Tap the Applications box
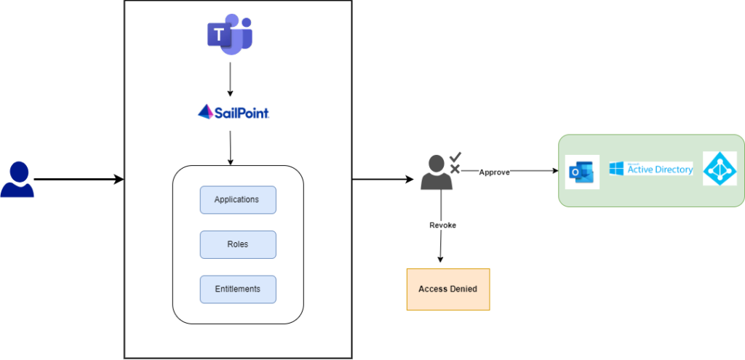coord(238,200)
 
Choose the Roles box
coord(238,244)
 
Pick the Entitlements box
coord(238,289)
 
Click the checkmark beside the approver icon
coord(455,157)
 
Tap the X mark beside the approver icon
coord(455,169)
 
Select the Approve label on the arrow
coord(495,172)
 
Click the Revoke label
coord(442,225)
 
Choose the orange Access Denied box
coord(447,289)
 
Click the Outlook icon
coord(582,172)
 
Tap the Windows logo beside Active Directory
coord(617,169)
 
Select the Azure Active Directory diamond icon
coord(720,168)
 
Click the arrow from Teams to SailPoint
coord(230,80)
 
